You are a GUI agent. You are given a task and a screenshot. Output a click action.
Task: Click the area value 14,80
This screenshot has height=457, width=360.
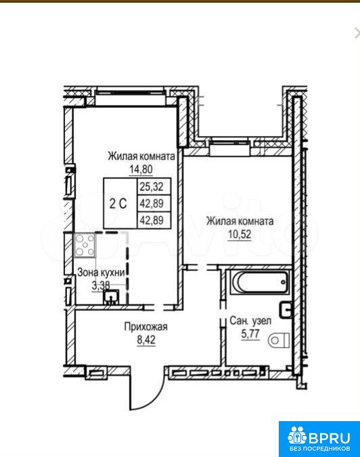coord(141,169)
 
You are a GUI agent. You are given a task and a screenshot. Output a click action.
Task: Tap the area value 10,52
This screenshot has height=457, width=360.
coord(240,234)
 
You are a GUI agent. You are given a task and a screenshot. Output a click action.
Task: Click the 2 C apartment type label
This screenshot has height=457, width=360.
coord(118,203)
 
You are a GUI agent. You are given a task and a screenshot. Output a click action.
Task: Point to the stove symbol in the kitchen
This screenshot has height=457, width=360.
coord(85,245)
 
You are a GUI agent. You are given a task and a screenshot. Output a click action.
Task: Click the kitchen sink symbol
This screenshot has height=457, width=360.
coord(111,297)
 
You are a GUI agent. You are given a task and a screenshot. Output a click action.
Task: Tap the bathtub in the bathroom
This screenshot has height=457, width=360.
coord(260,282)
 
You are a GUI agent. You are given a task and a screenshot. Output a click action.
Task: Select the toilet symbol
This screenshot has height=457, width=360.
coord(278,340)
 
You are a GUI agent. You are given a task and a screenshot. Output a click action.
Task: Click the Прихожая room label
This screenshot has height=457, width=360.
coord(146,326)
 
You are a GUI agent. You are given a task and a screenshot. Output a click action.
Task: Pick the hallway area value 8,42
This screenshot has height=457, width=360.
coord(146,340)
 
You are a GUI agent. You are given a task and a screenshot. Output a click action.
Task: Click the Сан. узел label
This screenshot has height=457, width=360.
coord(250,321)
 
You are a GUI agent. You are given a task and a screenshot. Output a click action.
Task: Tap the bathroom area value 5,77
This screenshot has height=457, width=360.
coord(250,334)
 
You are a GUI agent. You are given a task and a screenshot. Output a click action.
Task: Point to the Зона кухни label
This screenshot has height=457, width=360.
coord(101,273)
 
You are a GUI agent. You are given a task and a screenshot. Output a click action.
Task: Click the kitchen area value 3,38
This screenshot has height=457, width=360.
coord(101,286)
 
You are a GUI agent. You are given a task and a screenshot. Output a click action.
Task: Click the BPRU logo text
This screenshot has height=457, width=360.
coord(329,437)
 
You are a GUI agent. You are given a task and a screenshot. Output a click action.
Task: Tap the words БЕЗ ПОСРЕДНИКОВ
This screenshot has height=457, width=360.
coord(320,448)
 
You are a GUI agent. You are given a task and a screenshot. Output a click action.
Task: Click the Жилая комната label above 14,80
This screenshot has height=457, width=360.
coord(141,156)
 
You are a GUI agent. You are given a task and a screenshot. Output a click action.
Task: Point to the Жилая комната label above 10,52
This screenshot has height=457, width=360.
coord(240,221)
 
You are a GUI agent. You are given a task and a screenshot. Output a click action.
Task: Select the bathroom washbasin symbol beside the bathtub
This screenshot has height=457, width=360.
coord(286,310)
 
